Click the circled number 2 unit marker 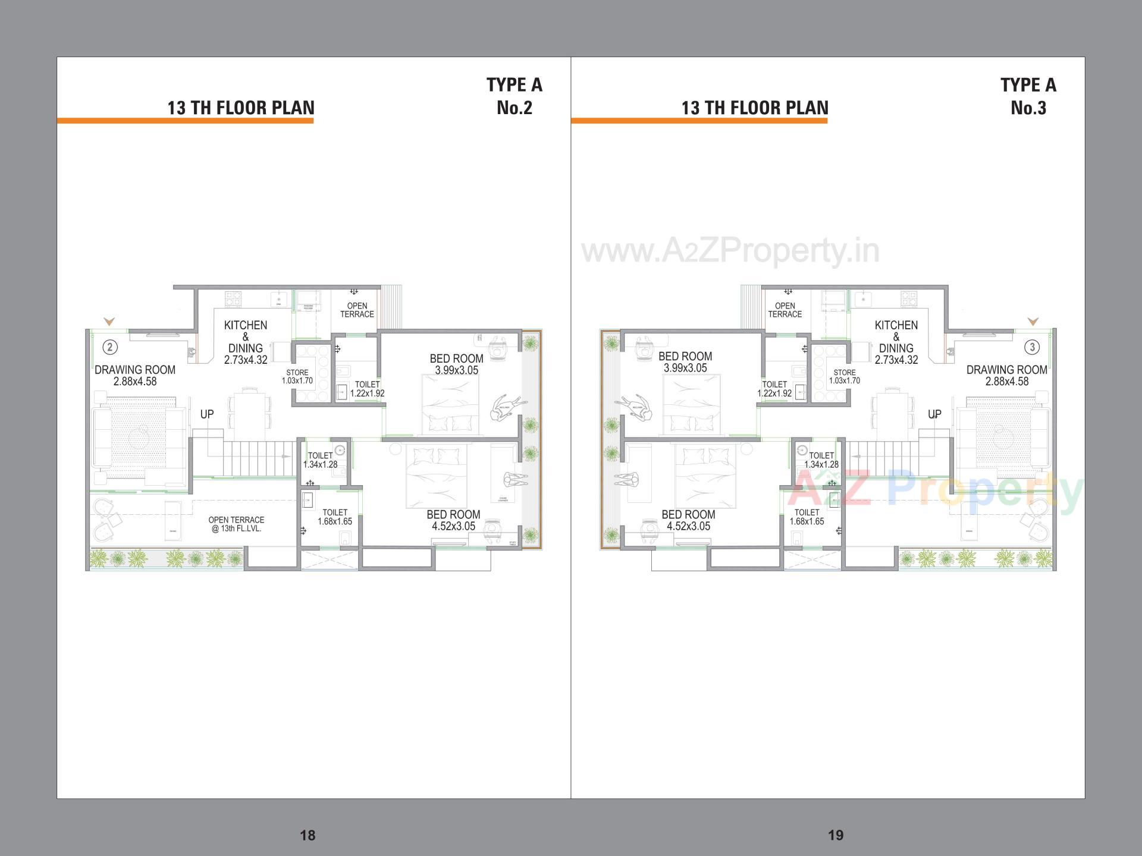click(109, 347)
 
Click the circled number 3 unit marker click(1032, 347)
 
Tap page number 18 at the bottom click(308, 835)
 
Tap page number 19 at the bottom click(836, 835)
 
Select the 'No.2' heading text click(514, 108)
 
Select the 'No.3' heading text click(1028, 108)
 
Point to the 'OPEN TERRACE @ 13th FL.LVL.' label click(236, 524)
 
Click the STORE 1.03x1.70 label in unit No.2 click(297, 377)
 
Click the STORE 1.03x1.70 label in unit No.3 click(845, 377)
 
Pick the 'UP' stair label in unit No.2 click(207, 414)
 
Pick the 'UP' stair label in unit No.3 click(934, 414)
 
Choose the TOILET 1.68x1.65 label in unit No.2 click(335, 517)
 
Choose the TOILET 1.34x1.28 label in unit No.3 click(821, 460)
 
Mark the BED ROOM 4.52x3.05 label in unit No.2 click(453, 520)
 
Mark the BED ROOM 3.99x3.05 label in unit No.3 click(685, 362)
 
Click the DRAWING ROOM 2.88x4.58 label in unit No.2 click(135, 376)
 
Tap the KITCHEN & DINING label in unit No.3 click(896, 342)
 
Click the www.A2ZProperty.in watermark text click(730, 251)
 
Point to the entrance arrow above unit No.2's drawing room click(109, 322)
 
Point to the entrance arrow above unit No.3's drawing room click(1033, 322)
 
